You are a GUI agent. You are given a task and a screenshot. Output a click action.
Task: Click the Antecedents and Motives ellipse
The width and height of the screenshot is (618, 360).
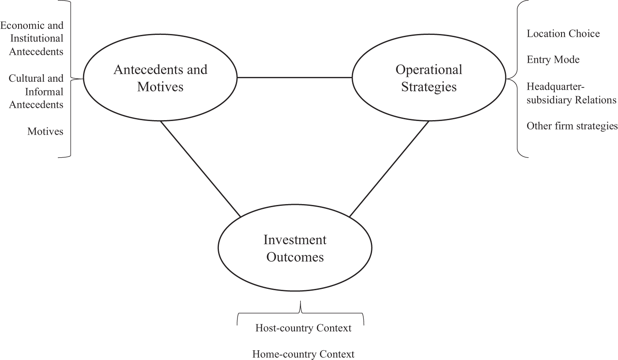point(160,78)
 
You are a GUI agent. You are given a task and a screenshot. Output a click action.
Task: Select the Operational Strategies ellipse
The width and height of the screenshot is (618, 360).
point(429,78)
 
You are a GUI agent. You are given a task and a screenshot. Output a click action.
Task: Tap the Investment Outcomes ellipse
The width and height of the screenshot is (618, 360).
point(295,248)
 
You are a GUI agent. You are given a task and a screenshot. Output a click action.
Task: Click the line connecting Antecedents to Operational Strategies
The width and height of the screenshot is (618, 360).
point(294,78)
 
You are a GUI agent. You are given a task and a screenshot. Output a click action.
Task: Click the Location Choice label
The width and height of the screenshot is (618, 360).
point(563,34)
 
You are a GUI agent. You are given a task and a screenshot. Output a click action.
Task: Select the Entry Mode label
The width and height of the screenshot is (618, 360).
point(553,59)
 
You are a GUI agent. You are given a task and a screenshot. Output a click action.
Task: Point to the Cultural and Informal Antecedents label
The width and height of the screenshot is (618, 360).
point(36,91)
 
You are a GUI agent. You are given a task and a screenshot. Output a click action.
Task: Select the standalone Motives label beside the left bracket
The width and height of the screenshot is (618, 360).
point(45,131)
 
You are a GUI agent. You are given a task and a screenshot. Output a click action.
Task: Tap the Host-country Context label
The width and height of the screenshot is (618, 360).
point(303,328)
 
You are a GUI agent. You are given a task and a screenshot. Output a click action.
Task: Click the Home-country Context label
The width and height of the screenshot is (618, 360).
point(303,354)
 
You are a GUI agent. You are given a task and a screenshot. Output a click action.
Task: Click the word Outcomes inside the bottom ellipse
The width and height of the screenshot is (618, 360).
point(295,257)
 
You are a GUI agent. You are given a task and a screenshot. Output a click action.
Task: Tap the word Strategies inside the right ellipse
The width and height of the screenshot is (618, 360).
point(429,87)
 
